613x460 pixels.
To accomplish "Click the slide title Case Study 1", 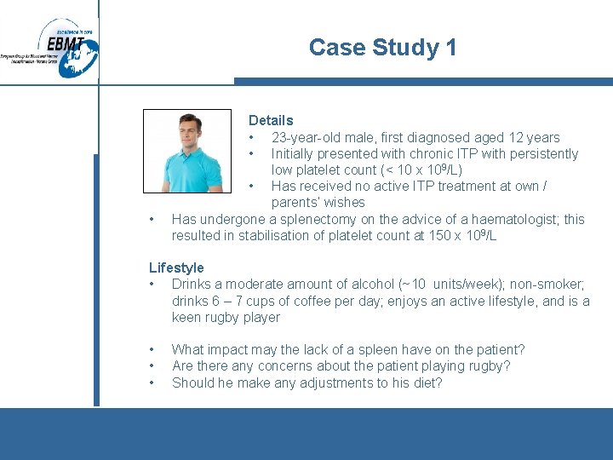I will point(382,48).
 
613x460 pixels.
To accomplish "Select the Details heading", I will point(271,121).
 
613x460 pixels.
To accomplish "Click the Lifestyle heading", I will point(176,267).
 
